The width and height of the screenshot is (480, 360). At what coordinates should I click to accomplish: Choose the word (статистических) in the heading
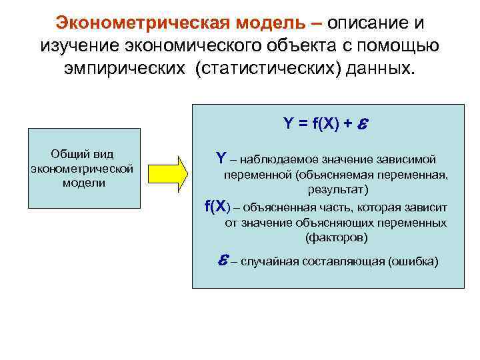pos(269,70)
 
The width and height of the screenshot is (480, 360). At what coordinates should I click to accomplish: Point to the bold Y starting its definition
pos(221,159)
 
